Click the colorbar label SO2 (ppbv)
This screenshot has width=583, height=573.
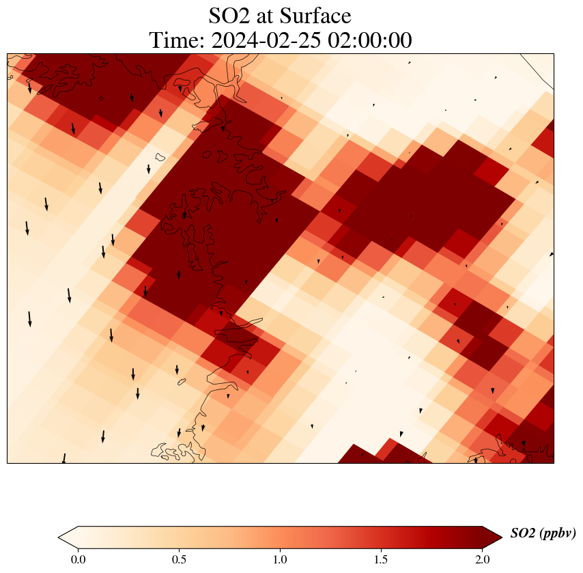543,533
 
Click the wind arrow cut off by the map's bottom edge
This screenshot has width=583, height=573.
64,458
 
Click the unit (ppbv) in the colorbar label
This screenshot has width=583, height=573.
558,533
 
